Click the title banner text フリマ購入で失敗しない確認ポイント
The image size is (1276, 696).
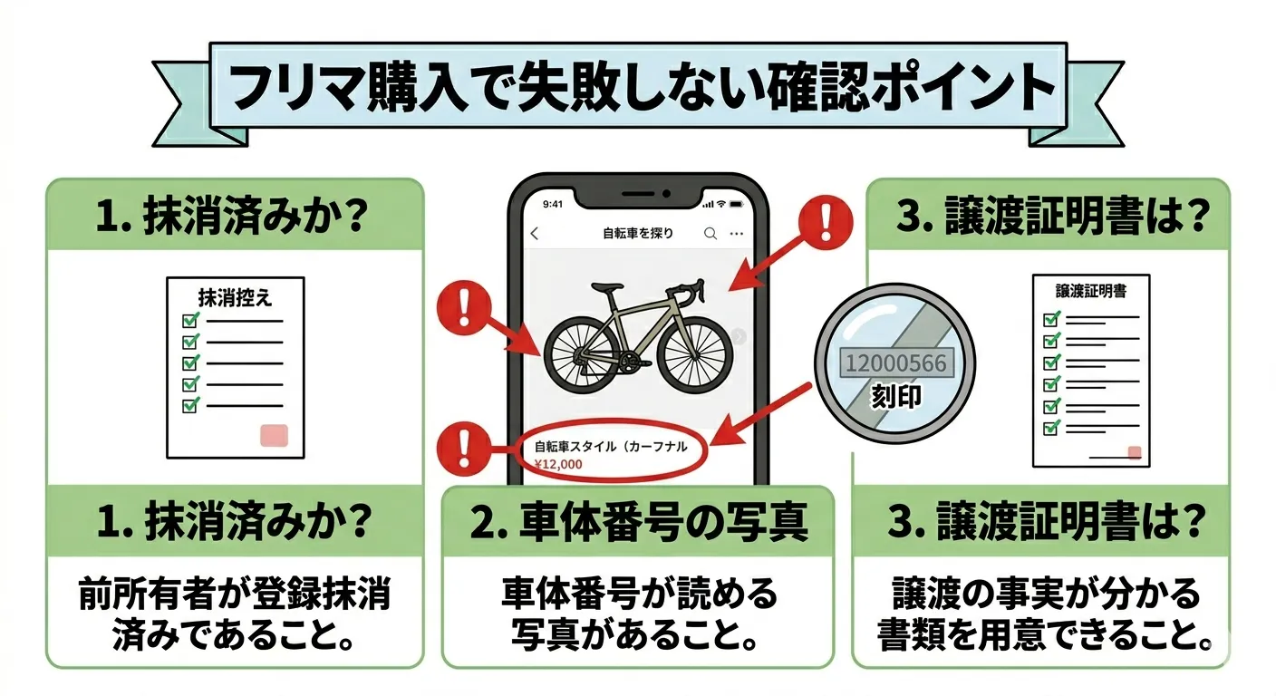[x=639, y=87]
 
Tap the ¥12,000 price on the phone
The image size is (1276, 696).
[x=558, y=464]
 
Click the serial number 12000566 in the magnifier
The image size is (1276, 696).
[x=895, y=362]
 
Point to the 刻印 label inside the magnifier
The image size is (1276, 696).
[x=895, y=396]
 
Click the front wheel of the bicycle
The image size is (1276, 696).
[x=694, y=353]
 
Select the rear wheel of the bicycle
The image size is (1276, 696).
[x=582, y=355]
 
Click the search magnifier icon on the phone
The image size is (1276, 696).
[x=710, y=234]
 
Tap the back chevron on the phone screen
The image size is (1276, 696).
[x=535, y=234]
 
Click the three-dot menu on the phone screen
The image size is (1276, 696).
[x=737, y=234]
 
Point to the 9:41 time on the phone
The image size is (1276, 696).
[x=553, y=204]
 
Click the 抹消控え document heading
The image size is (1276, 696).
[x=235, y=297]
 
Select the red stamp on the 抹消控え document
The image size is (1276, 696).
[x=274, y=435]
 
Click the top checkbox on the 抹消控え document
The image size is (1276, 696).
[x=191, y=320]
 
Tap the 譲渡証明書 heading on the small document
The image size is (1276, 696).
[x=1091, y=291]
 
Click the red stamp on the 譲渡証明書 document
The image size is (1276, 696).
[x=1135, y=452]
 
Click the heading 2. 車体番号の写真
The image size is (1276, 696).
[x=639, y=521]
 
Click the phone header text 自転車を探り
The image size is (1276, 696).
[x=638, y=234]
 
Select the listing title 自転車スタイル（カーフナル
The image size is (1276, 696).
[x=611, y=446]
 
